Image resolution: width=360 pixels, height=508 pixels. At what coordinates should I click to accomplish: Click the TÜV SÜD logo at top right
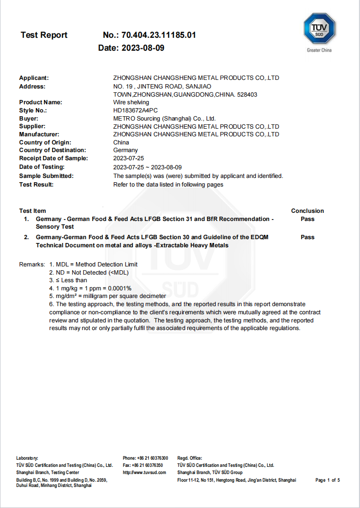(x=319, y=29)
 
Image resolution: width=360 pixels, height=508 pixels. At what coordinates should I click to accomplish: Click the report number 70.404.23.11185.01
(x=159, y=35)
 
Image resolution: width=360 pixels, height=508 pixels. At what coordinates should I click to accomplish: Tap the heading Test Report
(x=44, y=35)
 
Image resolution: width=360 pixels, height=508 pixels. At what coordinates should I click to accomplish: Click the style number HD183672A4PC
(x=136, y=110)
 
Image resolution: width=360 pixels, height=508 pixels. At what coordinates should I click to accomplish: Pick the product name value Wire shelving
(x=131, y=102)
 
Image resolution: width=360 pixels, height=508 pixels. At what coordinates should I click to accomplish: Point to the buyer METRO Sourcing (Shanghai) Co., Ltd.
(x=164, y=118)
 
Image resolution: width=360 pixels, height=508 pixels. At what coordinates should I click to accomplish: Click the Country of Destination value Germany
(x=125, y=150)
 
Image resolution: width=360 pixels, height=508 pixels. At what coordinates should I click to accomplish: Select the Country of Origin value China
(x=121, y=143)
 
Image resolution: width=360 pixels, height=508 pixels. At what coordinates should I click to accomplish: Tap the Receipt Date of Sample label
(x=54, y=158)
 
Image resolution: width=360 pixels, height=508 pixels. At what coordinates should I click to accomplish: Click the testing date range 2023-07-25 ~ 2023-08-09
(x=147, y=167)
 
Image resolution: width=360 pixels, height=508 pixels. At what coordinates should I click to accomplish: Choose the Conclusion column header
(x=307, y=211)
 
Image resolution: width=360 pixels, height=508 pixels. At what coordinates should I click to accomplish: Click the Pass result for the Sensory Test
(x=307, y=219)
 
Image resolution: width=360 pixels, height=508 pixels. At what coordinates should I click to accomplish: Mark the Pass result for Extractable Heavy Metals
(x=307, y=237)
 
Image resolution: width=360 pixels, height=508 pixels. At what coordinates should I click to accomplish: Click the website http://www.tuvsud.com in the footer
(x=144, y=473)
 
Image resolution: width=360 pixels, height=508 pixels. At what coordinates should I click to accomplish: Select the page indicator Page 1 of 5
(x=327, y=480)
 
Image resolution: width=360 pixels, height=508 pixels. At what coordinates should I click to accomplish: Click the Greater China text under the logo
(x=319, y=50)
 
